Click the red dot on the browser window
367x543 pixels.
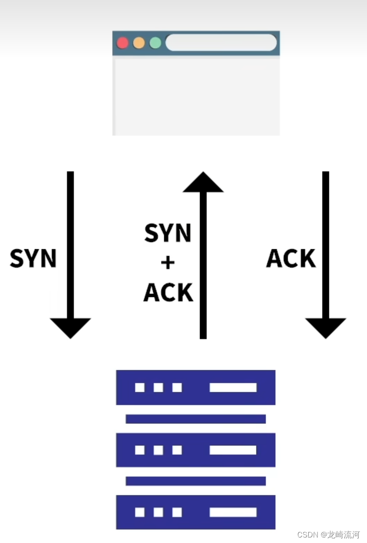click(x=122, y=43)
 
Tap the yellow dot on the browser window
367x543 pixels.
click(x=139, y=43)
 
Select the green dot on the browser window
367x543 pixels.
click(x=156, y=43)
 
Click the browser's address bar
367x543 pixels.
click(x=221, y=43)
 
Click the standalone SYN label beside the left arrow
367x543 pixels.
click(x=33, y=259)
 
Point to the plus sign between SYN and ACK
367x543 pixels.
click(x=168, y=263)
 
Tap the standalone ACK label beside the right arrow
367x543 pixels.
click(x=291, y=259)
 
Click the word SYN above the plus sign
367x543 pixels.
click(x=168, y=234)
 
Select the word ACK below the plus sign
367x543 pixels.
click(x=168, y=292)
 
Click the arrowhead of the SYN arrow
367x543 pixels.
click(x=70, y=327)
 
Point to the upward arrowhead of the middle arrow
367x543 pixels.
click(x=203, y=182)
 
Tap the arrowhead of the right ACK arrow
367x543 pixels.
click(x=326, y=327)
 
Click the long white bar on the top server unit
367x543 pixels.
click(x=233, y=388)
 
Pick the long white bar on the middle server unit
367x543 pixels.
click(x=233, y=450)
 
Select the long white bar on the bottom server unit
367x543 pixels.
click(x=233, y=512)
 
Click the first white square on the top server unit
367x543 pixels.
click(x=140, y=388)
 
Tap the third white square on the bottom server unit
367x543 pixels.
click(x=177, y=512)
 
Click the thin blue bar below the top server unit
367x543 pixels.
click(x=196, y=419)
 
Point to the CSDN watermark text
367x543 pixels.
click(x=328, y=535)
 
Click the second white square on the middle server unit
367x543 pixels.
click(x=158, y=450)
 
